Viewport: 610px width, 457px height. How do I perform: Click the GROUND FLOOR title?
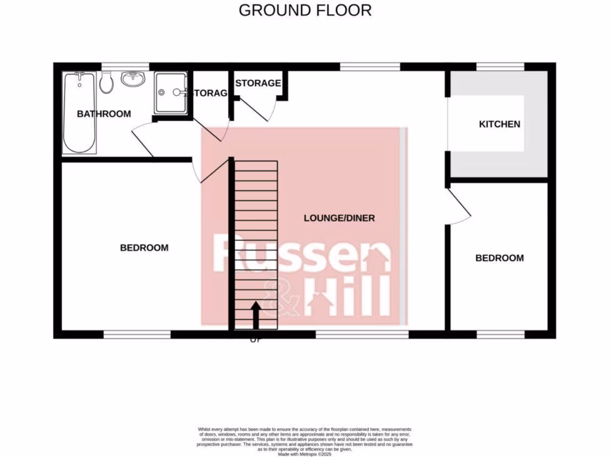pos(305,10)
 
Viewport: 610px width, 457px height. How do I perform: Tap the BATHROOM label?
pos(104,114)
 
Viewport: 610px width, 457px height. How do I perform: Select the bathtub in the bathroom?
pos(79,112)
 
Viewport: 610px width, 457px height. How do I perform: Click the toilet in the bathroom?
pos(107,83)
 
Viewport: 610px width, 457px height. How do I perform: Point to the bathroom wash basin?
pos(132,79)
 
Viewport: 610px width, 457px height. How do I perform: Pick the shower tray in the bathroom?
pos(170,92)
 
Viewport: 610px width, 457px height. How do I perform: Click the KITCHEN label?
pos(500,124)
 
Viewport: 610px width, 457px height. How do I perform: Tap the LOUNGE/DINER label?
pos(339,218)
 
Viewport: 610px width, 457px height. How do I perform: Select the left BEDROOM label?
pos(144,248)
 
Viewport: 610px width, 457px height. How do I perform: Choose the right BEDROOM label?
pos(499,258)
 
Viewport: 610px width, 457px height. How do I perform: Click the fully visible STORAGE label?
pos(257,83)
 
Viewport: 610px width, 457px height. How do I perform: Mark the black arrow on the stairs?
pos(256,315)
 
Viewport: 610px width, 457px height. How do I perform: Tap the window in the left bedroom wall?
pos(137,335)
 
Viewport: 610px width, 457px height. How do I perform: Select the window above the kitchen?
pos(500,66)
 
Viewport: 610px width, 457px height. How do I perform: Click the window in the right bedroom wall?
pos(500,335)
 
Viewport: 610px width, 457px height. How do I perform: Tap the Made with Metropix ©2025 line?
pos(304,453)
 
